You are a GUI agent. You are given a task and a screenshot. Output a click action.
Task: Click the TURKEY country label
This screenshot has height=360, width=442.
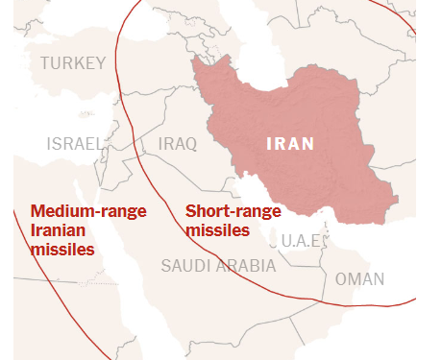pyautogui.click(x=73, y=63)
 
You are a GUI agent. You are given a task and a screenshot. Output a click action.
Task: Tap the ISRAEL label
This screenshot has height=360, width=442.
pyautogui.click(x=75, y=144)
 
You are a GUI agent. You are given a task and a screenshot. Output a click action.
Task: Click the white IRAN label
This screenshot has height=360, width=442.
pyautogui.click(x=289, y=144)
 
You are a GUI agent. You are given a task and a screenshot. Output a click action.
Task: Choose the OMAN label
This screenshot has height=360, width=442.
pyautogui.click(x=360, y=279)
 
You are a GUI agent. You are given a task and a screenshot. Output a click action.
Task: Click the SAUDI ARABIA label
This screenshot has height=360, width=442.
pyautogui.click(x=218, y=266)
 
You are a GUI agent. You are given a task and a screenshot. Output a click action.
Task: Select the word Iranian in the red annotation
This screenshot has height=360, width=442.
pyautogui.click(x=58, y=231)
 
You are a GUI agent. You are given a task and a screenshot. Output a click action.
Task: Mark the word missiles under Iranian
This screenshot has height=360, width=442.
pyautogui.click(x=62, y=250)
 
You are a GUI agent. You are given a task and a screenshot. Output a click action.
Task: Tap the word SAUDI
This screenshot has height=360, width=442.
pyautogui.click(x=184, y=266)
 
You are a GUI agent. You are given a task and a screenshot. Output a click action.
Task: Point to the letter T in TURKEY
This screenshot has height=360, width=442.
pyautogui.click(x=45, y=63)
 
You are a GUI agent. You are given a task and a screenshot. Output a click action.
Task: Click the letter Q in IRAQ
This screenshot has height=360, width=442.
pyautogui.click(x=190, y=144)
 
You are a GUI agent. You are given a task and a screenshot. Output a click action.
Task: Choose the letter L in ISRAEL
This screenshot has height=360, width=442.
pyautogui.click(x=98, y=144)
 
